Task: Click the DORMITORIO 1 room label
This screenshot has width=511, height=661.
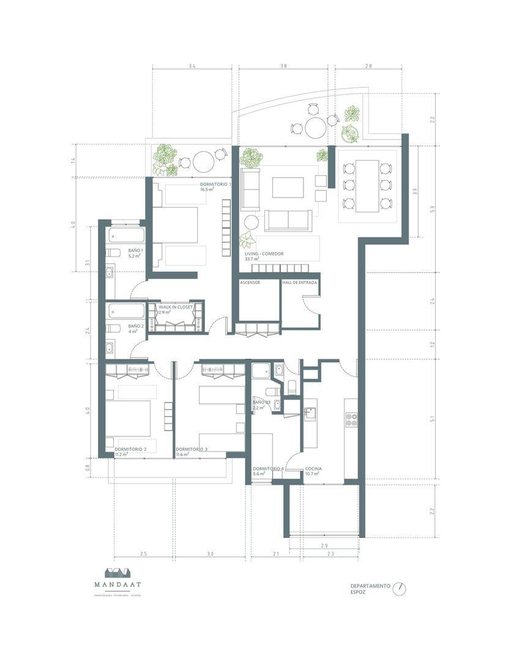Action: (216, 184)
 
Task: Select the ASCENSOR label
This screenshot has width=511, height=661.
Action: (250, 283)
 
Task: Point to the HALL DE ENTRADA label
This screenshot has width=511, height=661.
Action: (299, 283)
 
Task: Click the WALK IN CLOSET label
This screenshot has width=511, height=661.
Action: (176, 307)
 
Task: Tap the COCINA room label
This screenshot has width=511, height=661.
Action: (313, 468)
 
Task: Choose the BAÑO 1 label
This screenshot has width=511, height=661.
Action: (135, 251)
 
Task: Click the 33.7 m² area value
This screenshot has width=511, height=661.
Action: (252, 259)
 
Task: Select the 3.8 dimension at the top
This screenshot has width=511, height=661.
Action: (283, 65)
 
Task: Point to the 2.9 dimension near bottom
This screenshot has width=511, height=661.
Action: (324, 545)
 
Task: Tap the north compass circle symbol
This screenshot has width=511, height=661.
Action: (400, 588)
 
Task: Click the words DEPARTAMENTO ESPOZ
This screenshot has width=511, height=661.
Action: (370, 589)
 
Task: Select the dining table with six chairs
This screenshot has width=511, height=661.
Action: (367, 185)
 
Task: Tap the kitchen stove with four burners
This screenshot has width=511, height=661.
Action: (352, 419)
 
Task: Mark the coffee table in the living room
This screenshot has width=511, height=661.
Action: (288, 187)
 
